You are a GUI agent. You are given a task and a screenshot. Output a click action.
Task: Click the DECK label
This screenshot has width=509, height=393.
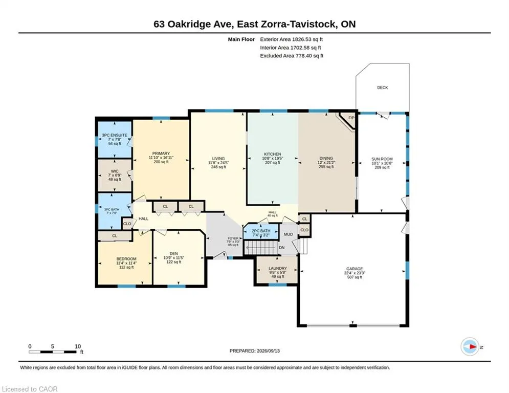click(x=383, y=88)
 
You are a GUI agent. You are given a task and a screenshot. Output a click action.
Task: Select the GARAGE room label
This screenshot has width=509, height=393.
click(x=355, y=269)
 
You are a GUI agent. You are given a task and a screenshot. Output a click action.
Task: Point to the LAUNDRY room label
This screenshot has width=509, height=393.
click(x=278, y=268)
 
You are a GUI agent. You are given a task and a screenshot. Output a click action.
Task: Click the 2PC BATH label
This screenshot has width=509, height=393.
click(x=261, y=231)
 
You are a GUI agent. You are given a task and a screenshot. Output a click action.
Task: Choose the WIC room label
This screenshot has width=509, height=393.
click(x=115, y=171)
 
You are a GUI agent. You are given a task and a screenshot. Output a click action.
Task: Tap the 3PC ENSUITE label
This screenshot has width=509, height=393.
click(x=115, y=135)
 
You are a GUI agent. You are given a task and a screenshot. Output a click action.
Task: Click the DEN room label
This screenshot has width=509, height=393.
click(x=173, y=254)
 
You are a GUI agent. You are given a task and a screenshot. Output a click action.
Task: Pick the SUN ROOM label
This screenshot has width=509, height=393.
click(x=382, y=159)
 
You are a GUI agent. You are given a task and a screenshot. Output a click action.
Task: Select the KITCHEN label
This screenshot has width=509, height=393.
click(x=272, y=154)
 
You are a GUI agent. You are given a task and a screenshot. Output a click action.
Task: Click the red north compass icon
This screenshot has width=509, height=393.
click(x=470, y=346)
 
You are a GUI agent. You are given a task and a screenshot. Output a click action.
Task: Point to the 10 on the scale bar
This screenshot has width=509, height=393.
click(x=78, y=346)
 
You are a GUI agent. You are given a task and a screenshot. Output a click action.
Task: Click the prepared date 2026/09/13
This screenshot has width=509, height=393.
click(x=268, y=351)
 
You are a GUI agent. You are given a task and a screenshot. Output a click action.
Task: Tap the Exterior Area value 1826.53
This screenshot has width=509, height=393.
click(x=302, y=39)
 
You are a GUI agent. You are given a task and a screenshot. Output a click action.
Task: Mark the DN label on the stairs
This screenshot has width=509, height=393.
click(x=281, y=248)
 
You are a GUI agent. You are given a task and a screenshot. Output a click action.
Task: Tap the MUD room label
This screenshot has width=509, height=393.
click(x=288, y=234)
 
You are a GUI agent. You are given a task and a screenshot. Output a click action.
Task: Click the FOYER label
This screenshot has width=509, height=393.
click(x=233, y=238)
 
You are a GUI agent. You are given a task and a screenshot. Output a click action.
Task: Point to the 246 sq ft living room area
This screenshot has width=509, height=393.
click(x=218, y=167)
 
